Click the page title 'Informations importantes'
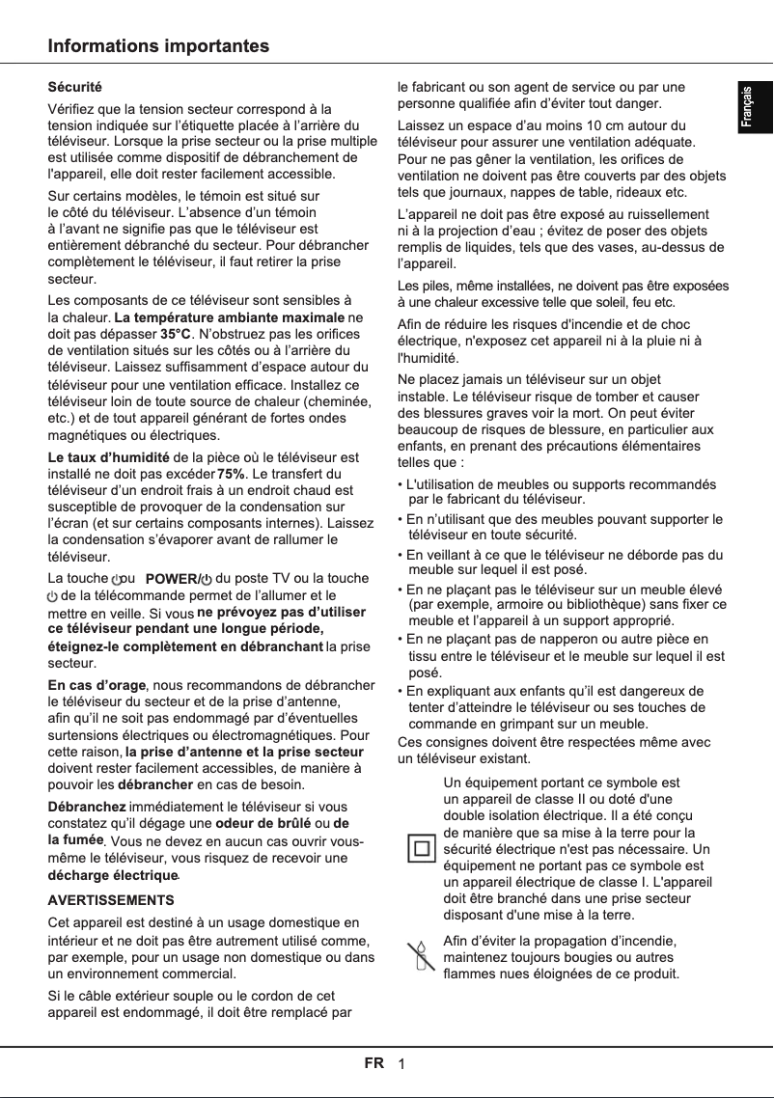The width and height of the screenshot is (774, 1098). pos(159,46)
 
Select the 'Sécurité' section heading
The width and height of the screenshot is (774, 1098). pos(75,88)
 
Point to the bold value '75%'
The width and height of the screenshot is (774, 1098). pos(231,474)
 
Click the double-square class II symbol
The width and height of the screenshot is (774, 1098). pos(420,849)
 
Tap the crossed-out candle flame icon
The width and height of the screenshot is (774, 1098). pos(420,956)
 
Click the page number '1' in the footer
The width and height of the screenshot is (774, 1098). pos(401,1064)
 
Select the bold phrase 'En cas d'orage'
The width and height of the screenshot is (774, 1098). pos(97,685)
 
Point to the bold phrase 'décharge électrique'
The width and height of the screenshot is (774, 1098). pos(113,875)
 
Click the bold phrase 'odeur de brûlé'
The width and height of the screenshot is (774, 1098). pos(259,823)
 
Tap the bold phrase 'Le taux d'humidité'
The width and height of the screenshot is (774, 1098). pos(109,456)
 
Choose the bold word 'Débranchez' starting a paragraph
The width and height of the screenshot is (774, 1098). pos(87,806)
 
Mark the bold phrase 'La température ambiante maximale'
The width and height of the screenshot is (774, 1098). pos(230,317)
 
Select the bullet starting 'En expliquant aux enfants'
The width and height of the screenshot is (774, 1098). pos(555,707)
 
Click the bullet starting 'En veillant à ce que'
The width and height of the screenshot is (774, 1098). pos(564,563)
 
